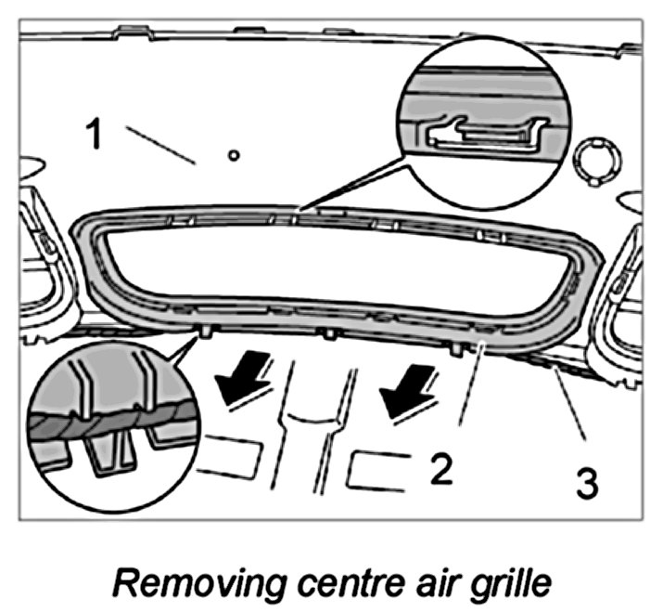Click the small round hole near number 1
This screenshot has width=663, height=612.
pos(233,156)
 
